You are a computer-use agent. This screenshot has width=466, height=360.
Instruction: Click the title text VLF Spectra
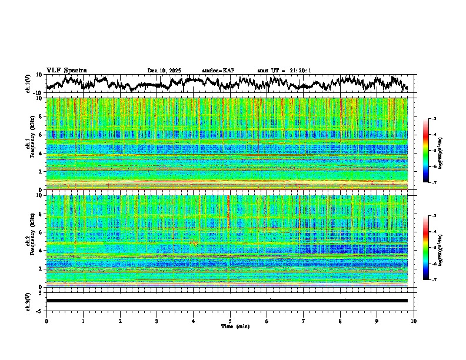coord(66,70)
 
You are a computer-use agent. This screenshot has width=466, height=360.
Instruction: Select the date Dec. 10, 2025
coord(164,71)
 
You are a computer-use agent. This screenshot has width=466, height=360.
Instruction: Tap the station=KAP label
coord(218,71)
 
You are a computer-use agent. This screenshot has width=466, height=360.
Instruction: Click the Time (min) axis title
coord(235,326)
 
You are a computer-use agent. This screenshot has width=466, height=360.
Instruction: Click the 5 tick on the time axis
coord(230,321)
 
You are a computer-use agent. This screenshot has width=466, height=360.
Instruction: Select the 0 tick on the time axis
coord(46,321)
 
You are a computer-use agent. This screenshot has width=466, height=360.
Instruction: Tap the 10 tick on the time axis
coord(414,321)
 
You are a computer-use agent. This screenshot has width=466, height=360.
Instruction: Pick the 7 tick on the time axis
coord(304,321)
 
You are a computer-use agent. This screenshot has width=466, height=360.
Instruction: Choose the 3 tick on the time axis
coord(157,321)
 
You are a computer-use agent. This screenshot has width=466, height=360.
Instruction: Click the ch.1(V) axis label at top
coord(28,84)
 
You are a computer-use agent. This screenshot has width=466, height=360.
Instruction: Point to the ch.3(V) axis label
coord(28,301)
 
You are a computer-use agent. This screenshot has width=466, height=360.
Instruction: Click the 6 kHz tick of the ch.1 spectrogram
coord(40,135)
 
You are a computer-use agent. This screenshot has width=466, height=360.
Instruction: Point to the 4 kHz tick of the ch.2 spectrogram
coord(40,251)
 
